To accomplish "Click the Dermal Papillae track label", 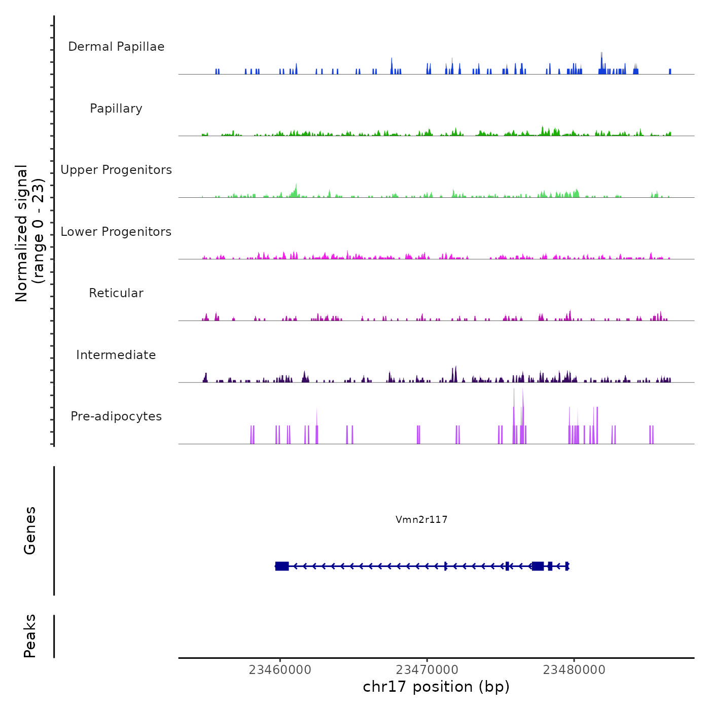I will (116, 47).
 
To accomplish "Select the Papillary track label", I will (116, 109).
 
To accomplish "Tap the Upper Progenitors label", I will (116, 170).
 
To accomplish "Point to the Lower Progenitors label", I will (116, 232).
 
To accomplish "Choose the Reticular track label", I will (116, 293).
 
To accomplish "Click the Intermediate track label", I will (116, 355).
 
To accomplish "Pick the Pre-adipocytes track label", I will (116, 416).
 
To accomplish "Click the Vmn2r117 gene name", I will (421, 519).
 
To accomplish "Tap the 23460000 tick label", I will (280, 670).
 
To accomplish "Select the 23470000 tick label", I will (427, 670).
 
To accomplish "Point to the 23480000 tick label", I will (574, 670).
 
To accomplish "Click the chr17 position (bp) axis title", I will (436, 687).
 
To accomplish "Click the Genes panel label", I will (29, 530).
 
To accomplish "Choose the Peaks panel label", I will (29, 636).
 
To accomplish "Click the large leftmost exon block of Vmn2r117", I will (282, 566).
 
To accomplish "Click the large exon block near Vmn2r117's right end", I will (538, 566).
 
